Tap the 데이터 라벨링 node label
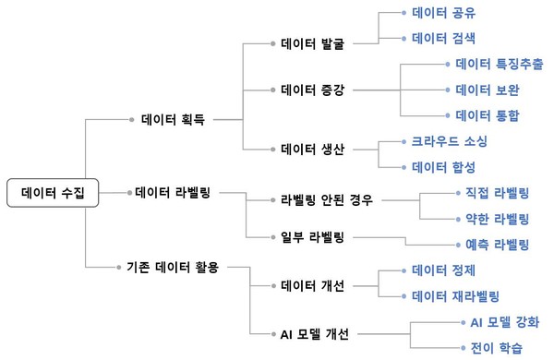174,192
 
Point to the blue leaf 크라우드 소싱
449,142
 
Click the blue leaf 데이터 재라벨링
454,296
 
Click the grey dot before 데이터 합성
403,167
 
